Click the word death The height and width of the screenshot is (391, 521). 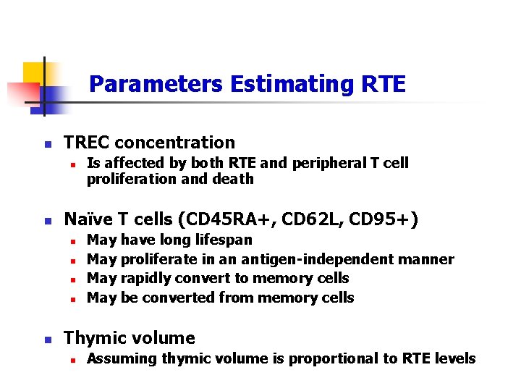pos(235,179)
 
